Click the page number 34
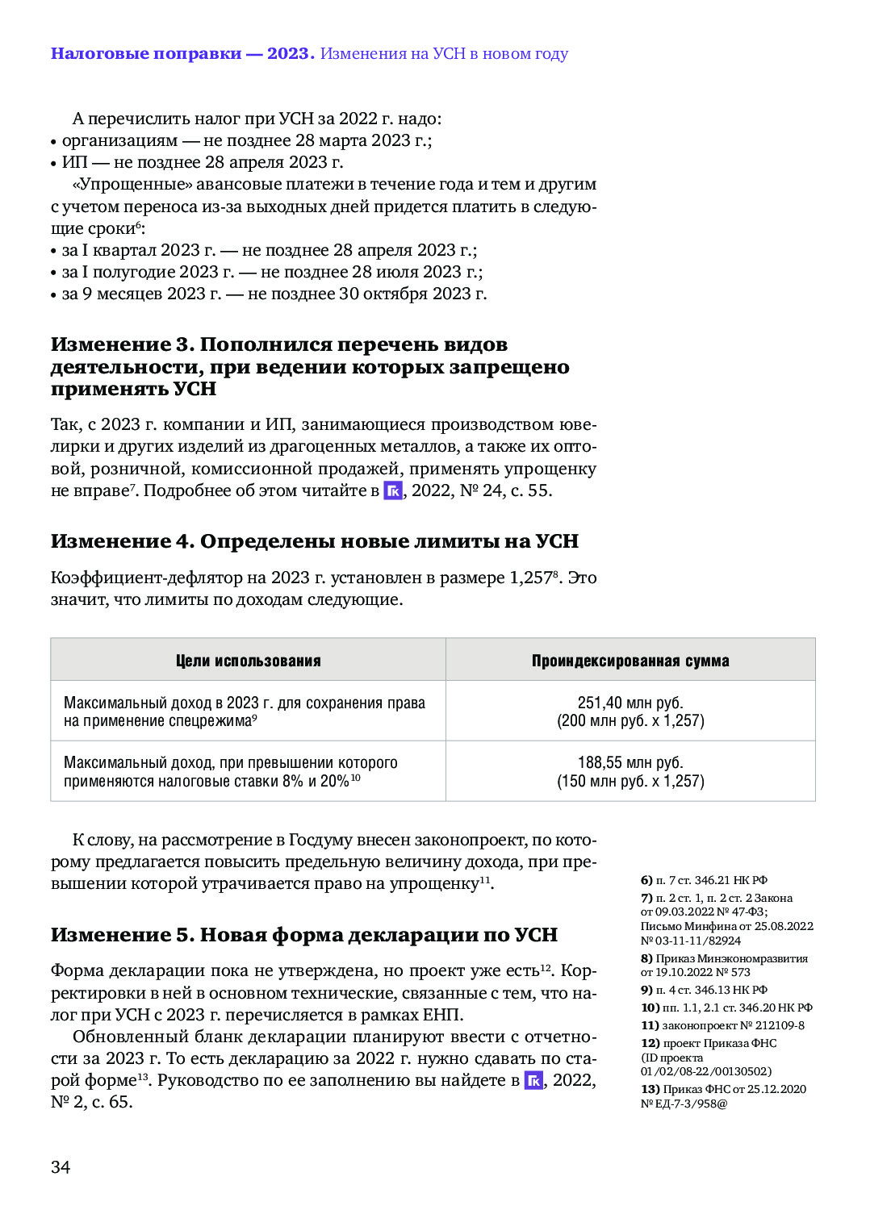pyautogui.click(x=61, y=1167)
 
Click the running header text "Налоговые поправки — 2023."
pyautogui.click(x=182, y=54)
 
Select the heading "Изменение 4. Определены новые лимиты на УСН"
pyautogui.click(x=314, y=541)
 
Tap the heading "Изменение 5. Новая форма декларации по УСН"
pyautogui.click(x=303, y=935)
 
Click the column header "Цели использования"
pyautogui.click(x=248, y=661)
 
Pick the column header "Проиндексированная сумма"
pyautogui.click(x=630, y=661)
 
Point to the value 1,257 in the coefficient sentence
pyautogui.click(x=529, y=578)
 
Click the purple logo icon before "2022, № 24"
pyautogui.click(x=392, y=490)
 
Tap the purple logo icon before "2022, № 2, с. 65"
pyautogui.click(x=533, y=1080)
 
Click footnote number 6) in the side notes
pyautogui.click(x=646, y=880)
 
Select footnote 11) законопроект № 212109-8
pyautogui.click(x=722, y=1025)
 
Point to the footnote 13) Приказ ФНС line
pyautogui.click(x=723, y=1089)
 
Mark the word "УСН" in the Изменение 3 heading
pyautogui.click(x=195, y=389)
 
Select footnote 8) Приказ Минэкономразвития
pyautogui.click(x=724, y=958)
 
